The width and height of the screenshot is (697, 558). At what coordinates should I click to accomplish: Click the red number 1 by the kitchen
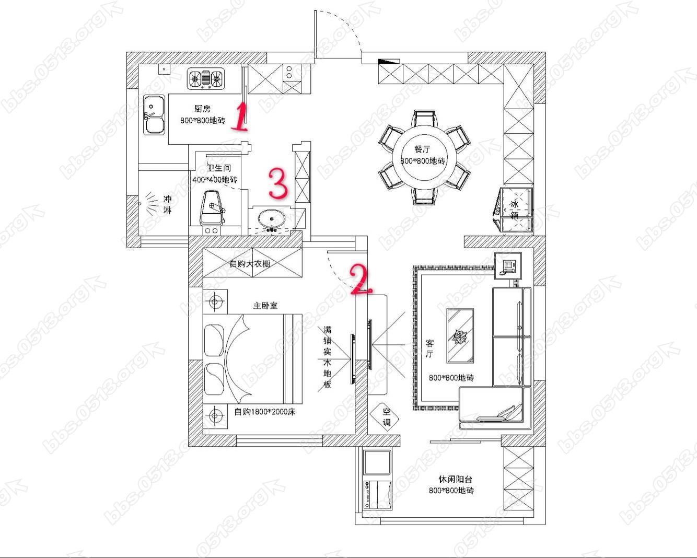240,117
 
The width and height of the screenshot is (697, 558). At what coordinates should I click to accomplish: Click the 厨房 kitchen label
202,109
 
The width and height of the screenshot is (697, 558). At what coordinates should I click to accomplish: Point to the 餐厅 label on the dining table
422,149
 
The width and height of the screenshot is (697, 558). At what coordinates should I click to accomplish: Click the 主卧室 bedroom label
265,306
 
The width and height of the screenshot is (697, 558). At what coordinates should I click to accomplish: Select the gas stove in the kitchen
206,78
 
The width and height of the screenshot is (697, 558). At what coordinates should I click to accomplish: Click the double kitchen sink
154,114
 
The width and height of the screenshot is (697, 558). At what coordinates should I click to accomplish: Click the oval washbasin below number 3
271,219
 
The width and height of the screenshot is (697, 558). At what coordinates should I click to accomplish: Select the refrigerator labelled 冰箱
514,210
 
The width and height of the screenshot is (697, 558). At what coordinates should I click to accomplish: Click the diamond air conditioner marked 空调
385,417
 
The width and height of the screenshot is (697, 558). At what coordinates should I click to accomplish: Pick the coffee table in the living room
460,335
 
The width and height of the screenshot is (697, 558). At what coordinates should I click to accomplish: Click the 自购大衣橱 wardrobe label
250,264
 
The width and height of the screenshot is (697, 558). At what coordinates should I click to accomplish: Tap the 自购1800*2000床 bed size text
264,412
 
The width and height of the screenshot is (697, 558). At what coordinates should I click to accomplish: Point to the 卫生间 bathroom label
219,168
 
